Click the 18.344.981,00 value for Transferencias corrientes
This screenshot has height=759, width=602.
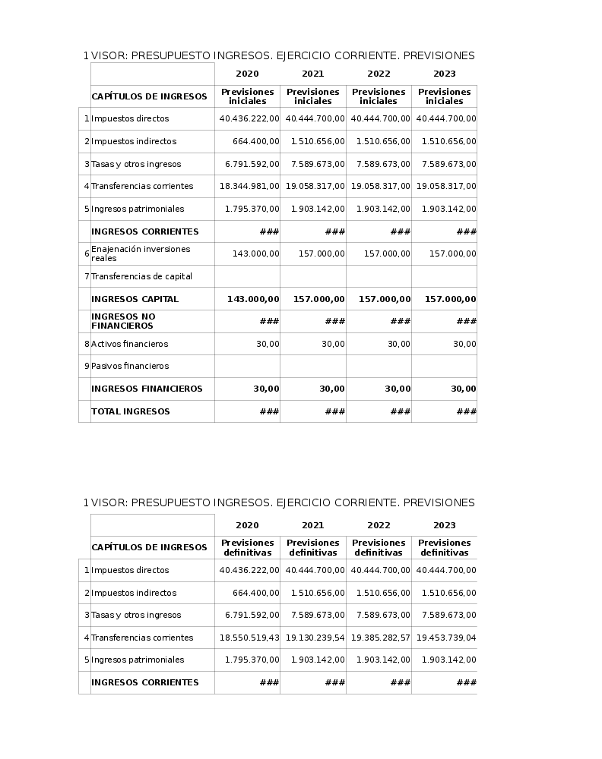pyautogui.click(x=249, y=186)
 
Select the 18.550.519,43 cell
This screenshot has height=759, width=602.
pyautogui.click(x=249, y=638)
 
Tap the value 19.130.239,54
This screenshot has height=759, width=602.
pyautogui.click(x=315, y=638)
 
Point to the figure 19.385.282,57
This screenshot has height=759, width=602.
pyautogui.click(x=380, y=638)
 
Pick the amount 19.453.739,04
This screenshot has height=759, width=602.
pyautogui.click(x=446, y=638)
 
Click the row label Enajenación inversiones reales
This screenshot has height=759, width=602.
pyautogui.click(x=141, y=254)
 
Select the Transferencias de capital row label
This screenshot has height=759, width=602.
pyautogui.click(x=141, y=276)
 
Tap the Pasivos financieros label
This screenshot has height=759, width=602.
pyautogui.click(x=130, y=366)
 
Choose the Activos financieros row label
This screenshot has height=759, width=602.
pyautogui.click(x=129, y=344)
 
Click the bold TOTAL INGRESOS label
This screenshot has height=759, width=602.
pyautogui.click(x=131, y=411)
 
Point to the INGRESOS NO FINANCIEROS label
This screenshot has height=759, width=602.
pyautogui.click(x=123, y=321)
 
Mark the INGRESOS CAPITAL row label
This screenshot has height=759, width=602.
pyautogui.click(x=135, y=299)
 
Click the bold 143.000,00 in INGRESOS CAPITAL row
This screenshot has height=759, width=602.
pyautogui.click(x=253, y=299)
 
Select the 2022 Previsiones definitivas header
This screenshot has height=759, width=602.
pyautogui.click(x=379, y=547)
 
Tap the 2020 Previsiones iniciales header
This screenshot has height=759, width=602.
pyautogui.click(x=247, y=96)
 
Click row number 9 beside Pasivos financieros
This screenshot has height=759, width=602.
pyautogui.click(x=87, y=367)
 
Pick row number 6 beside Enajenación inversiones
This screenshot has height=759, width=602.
pyautogui.click(x=87, y=254)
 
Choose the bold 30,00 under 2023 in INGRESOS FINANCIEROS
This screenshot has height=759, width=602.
pyautogui.click(x=463, y=389)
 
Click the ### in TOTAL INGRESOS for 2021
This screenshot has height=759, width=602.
pyautogui.click(x=334, y=411)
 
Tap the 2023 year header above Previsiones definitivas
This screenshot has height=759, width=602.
pyautogui.click(x=445, y=525)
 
